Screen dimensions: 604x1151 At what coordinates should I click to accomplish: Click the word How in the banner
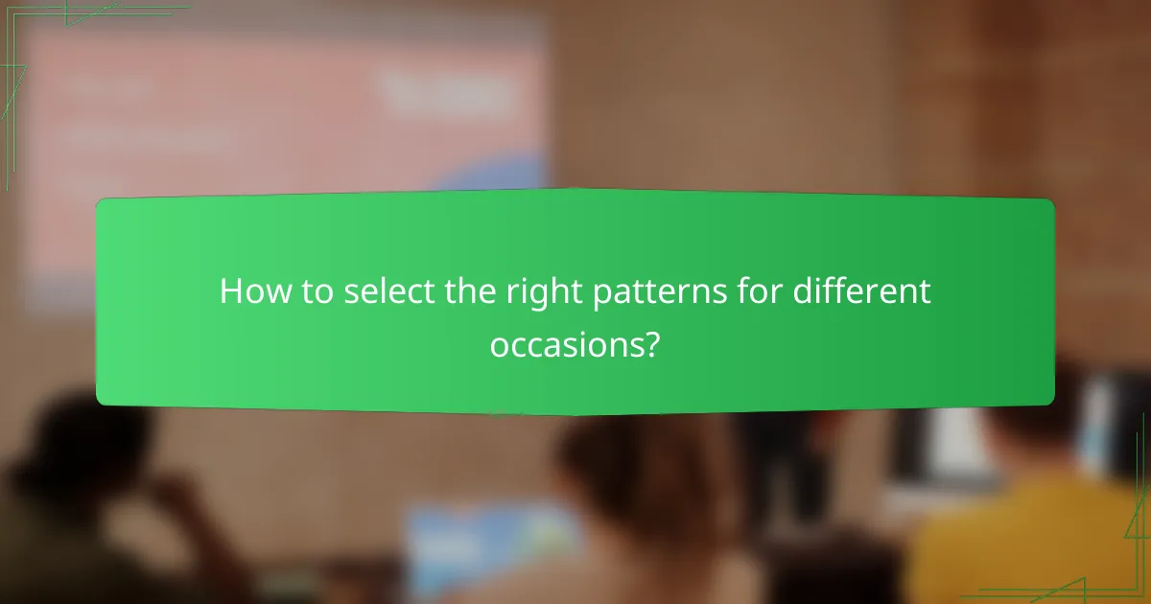tap(249, 291)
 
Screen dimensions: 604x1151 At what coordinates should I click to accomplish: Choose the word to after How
tap(307, 291)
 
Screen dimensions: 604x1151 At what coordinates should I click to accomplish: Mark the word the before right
tap(465, 291)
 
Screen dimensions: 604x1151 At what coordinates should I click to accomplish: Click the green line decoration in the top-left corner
tap(58, 19)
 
